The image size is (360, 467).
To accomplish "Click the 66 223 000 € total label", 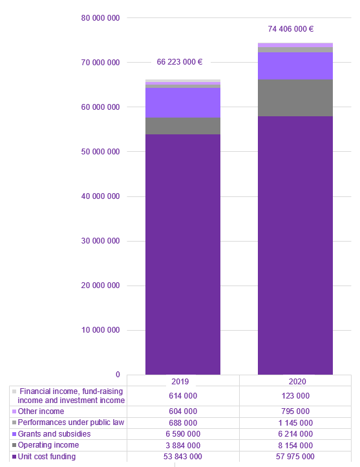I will pos(180,63).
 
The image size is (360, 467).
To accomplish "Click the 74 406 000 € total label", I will pos(291,29).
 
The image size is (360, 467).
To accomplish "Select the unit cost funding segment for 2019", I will pos(183,252).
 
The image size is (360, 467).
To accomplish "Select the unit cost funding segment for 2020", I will pos(295,245).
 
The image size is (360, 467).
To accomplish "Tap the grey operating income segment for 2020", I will pos(295,98).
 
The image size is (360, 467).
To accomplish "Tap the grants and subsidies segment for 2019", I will pos(183,103).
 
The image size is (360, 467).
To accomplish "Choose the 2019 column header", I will pos(183,381).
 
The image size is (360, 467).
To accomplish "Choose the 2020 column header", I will pos(295,381).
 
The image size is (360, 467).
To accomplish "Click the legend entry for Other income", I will pos(41,411).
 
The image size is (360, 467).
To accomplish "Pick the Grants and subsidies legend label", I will pos(54,434).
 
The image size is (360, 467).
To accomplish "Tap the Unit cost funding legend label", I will pos(47,457).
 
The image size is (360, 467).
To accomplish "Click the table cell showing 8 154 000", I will pos(295,446).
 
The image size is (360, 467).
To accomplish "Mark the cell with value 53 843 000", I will pos(183,457).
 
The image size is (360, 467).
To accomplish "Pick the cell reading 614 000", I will pos(183,396).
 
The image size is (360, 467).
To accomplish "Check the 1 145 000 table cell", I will pos(295,422).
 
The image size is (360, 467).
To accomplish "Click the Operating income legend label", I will pos(48,445).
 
